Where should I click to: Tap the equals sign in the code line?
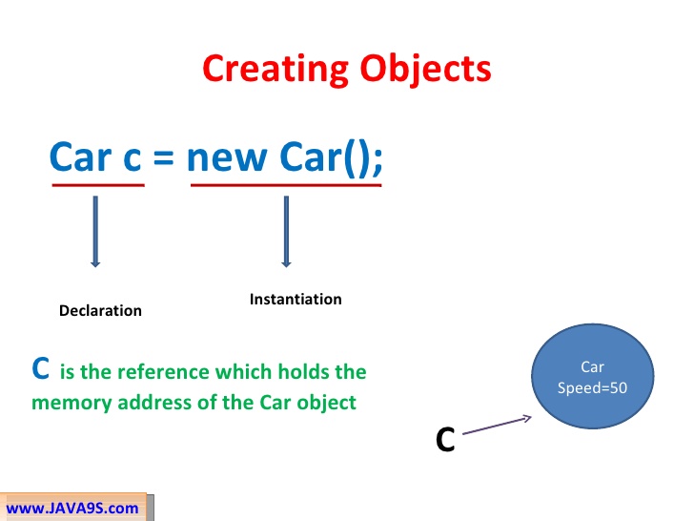click(x=164, y=156)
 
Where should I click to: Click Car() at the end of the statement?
click(x=329, y=156)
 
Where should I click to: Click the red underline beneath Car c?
click(x=97, y=184)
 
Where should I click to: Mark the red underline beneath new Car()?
click(x=286, y=184)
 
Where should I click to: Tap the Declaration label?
click(x=100, y=310)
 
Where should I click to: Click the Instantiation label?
click(x=296, y=299)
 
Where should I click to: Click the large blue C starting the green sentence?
click(x=41, y=368)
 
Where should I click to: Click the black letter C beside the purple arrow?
click(x=444, y=440)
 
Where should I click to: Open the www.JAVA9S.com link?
click(x=72, y=508)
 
